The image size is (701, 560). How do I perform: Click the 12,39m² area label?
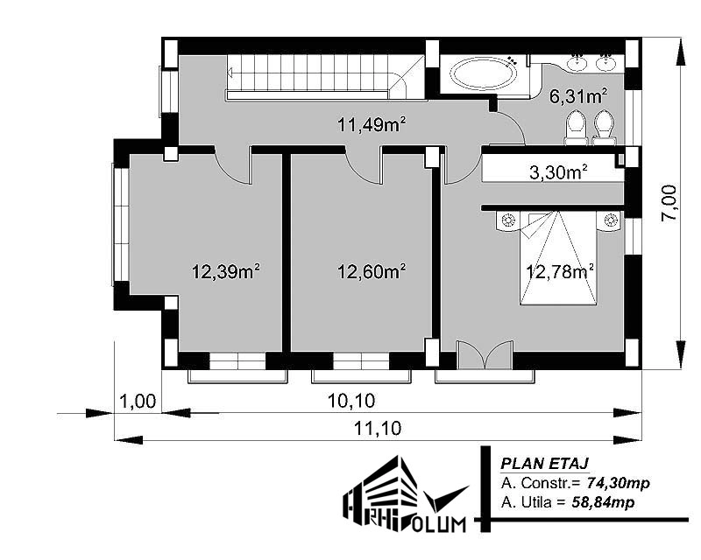(x=226, y=271)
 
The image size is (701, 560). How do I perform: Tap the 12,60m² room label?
(x=371, y=271)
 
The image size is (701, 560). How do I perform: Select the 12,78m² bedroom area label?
(x=560, y=271)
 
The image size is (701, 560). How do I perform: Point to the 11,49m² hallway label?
(x=371, y=124)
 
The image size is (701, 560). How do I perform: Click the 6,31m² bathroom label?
(x=578, y=96)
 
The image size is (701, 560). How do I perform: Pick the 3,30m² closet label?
(x=558, y=171)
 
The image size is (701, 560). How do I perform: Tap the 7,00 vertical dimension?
(x=669, y=202)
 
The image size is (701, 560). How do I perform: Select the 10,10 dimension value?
(x=351, y=401)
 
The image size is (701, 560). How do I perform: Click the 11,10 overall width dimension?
(x=378, y=428)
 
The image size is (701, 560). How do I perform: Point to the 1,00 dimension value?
(x=138, y=401)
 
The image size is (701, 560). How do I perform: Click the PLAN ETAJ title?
(x=544, y=464)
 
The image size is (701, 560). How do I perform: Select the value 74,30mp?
(x=619, y=483)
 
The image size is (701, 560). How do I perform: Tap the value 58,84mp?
(x=603, y=502)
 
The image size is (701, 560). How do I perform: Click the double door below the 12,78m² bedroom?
(x=485, y=355)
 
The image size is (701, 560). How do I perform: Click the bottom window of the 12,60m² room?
(x=361, y=360)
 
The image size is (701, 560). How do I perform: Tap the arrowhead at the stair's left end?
(x=230, y=72)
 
